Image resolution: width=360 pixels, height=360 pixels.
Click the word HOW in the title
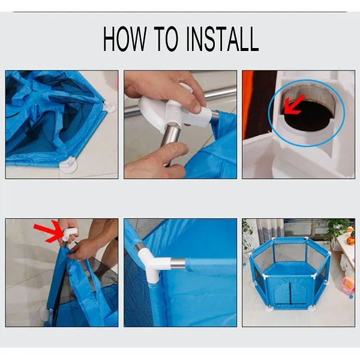pyautogui.click(x=125, y=38)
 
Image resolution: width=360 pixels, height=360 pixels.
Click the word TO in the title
pyautogui.click(x=166, y=38)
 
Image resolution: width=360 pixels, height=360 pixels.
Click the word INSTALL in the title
pyautogui.click(x=222, y=38)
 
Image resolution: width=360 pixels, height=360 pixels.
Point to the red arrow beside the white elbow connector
pyautogui.click(x=48, y=232)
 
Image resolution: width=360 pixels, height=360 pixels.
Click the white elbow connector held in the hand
pyautogui.click(x=69, y=234)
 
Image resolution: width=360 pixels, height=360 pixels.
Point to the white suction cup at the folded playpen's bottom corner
pyautogui.click(x=69, y=166)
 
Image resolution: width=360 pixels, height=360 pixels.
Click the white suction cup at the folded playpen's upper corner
pyautogui.click(x=110, y=106)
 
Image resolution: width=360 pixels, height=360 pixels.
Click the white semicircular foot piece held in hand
pyautogui.click(x=152, y=110)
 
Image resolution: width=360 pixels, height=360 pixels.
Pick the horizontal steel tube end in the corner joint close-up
pyautogui.click(x=178, y=263)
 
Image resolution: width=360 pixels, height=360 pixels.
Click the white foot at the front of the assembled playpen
pyautogui.click(x=269, y=309)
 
